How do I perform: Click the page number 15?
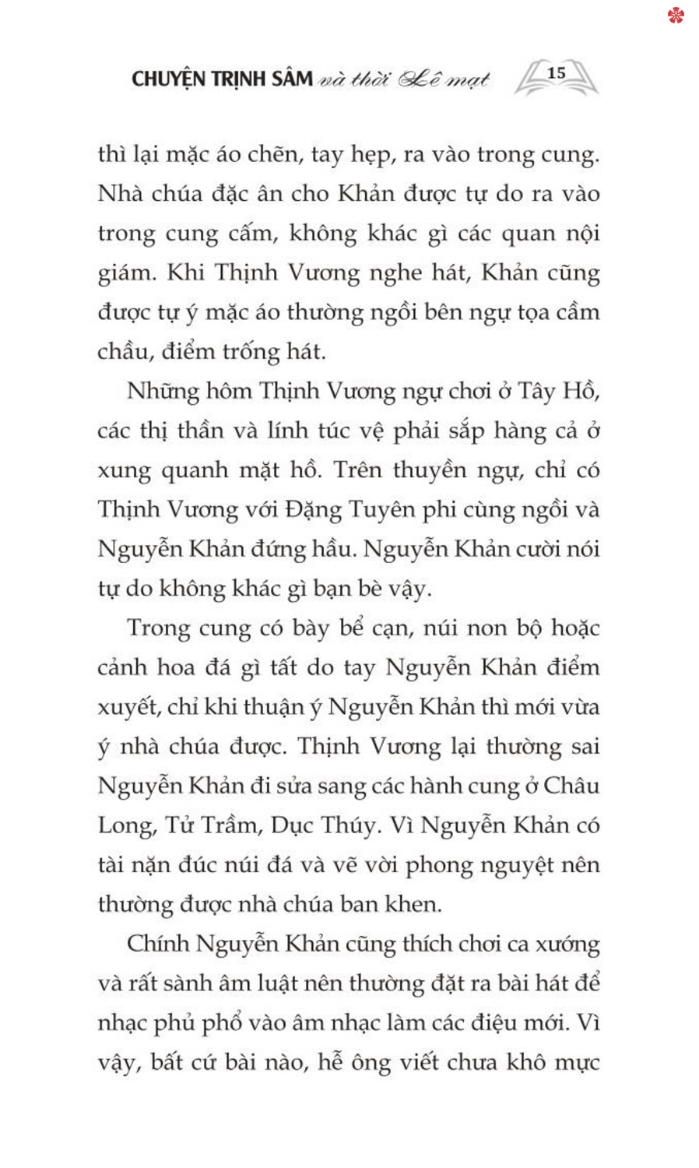[x=556, y=73]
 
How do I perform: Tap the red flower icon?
[x=676, y=15]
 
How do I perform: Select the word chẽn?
[x=272, y=154]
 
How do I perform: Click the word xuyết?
[x=126, y=708]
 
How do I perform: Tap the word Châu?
[x=571, y=786]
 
